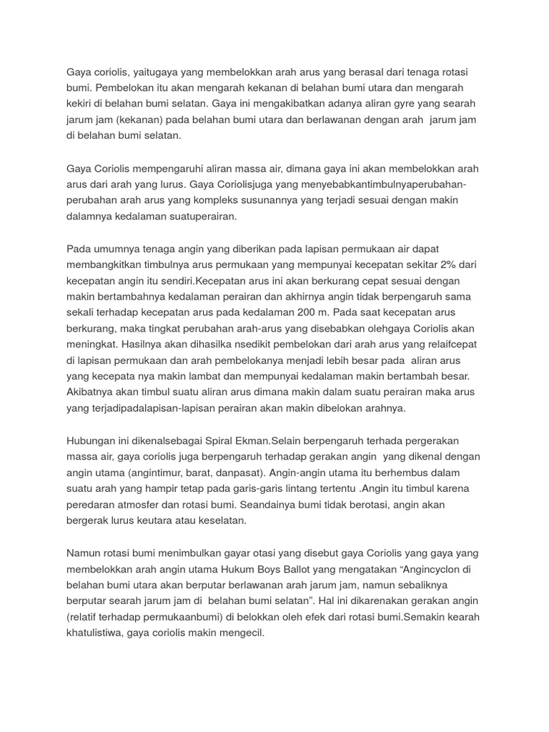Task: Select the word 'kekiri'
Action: click(81, 104)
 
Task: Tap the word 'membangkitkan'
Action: click(103, 265)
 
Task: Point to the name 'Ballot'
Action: click(355, 569)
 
